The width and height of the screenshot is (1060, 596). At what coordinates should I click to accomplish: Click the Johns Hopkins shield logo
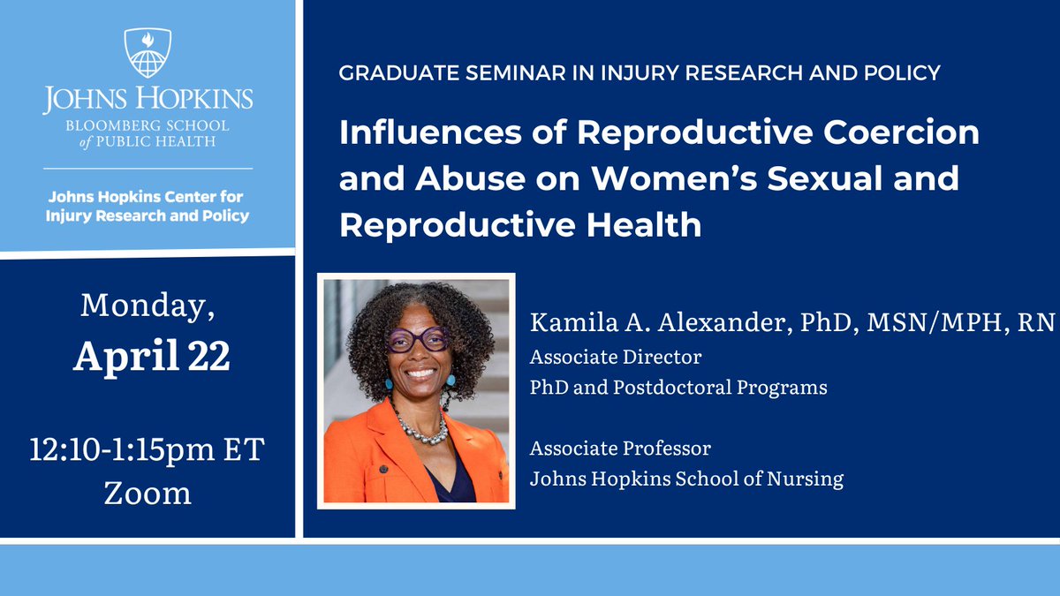[148, 53]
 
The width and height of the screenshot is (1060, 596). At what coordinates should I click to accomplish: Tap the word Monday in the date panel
[148, 306]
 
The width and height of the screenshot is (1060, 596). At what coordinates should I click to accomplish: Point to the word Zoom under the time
[148, 492]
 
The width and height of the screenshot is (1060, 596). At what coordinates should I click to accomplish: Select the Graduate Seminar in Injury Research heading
[640, 72]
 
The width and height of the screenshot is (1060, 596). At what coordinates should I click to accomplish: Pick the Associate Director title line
[615, 358]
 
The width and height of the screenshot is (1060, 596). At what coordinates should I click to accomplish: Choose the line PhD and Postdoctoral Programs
[678, 387]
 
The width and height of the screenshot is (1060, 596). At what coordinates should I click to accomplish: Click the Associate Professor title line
[619, 449]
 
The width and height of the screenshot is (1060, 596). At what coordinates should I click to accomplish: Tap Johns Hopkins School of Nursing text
[685, 479]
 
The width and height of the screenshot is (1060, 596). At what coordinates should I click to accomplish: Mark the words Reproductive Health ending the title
[520, 224]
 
